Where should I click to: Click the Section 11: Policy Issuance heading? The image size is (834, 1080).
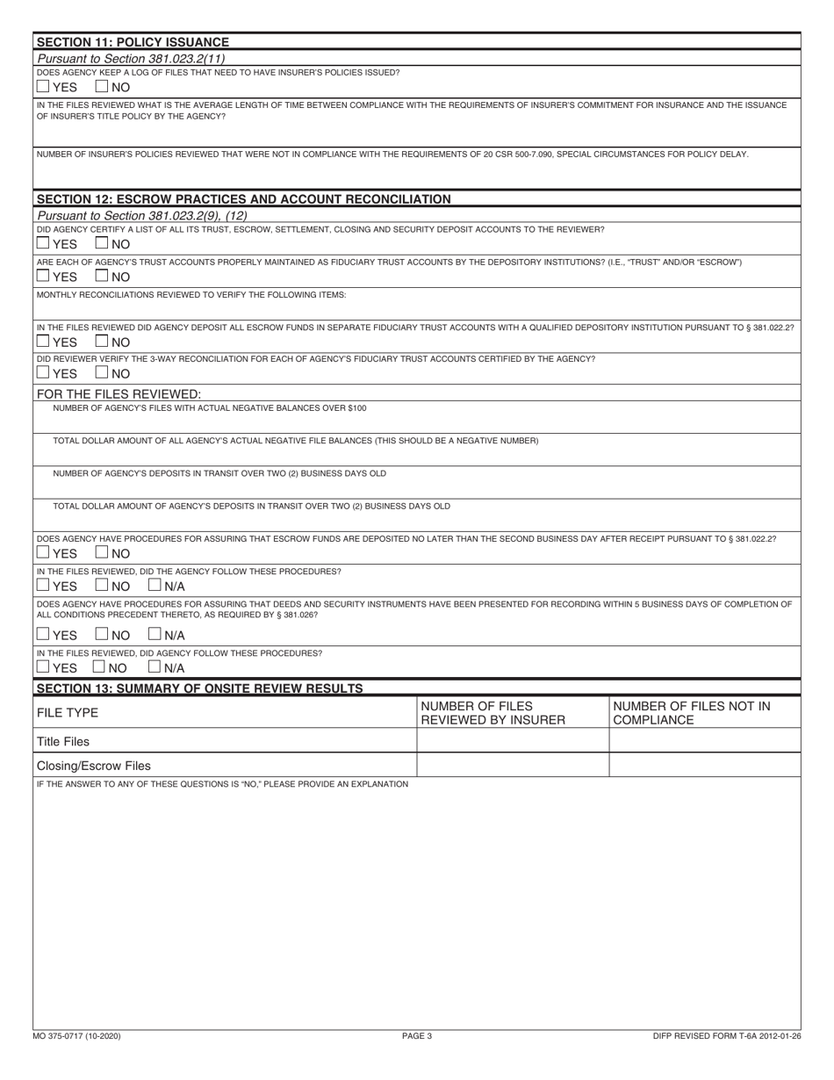click(x=133, y=42)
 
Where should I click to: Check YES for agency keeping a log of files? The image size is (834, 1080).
click(x=43, y=87)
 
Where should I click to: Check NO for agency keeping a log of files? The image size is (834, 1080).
click(x=101, y=87)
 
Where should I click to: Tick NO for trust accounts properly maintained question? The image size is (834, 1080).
click(x=101, y=277)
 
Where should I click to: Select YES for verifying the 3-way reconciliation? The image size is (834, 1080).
click(x=43, y=374)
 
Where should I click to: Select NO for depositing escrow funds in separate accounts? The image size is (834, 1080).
click(x=101, y=342)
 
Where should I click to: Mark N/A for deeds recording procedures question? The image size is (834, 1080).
click(x=155, y=634)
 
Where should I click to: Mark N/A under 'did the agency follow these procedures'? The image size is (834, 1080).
click(x=155, y=585)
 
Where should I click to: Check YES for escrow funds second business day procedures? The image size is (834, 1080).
click(x=43, y=552)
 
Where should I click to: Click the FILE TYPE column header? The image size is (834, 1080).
click(x=68, y=713)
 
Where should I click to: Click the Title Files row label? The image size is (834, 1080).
click(x=63, y=741)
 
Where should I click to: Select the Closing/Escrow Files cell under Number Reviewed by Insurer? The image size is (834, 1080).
click(x=512, y=766)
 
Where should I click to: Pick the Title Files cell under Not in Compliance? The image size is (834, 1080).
click(x=704, y=741)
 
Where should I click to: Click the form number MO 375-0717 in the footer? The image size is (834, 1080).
click(x=79, y=1036)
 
